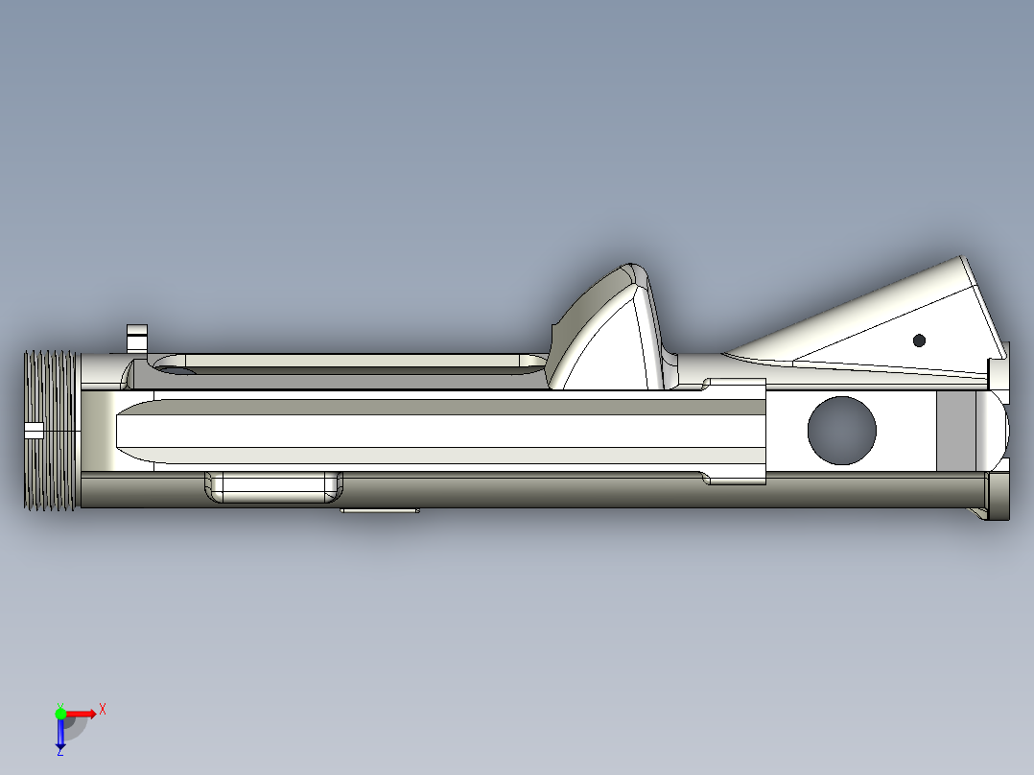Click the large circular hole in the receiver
(x=841, y=431)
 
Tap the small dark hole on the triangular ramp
(x=919, y=340)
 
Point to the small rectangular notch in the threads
(x=34, y=431)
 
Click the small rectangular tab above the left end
(x=137, y=339)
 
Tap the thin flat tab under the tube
(x=379, y=511)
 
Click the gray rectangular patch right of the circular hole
(x=954, y=431)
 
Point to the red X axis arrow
(x=82, y=713)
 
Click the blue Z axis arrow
(x=60, y=734)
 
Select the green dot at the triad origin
(x=60, y=713)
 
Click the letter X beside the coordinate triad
(x=102, y=709)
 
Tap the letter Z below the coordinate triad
(x=59, y=752)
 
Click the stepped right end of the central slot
(x=739, y=431)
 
